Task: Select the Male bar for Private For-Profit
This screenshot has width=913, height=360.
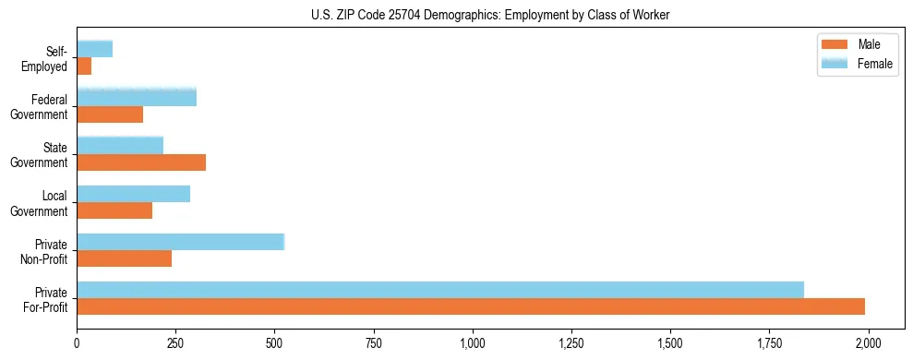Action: click(x=471, y=306)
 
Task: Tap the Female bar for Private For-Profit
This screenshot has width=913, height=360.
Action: click(x=440, y=289)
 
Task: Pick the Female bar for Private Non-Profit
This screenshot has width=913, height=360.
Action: click(x=181, y=241)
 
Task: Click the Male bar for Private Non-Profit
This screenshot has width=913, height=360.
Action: click(x=125, y=258)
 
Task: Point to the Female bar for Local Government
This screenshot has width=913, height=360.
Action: click(x=134, y=193)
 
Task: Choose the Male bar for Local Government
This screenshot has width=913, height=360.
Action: click(x=114, y=210)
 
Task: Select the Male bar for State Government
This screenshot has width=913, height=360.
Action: click(x=141, y=162)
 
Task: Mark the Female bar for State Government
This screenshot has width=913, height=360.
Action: click(x=120, y=145)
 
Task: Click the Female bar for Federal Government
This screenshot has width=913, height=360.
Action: click(x=137, y=97)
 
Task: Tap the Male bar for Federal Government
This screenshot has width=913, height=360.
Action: click(x=110, y=114)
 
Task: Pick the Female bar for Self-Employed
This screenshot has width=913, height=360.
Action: click(x=95, y=49)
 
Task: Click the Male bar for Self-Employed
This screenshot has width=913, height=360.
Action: click(x=84, y=66)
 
